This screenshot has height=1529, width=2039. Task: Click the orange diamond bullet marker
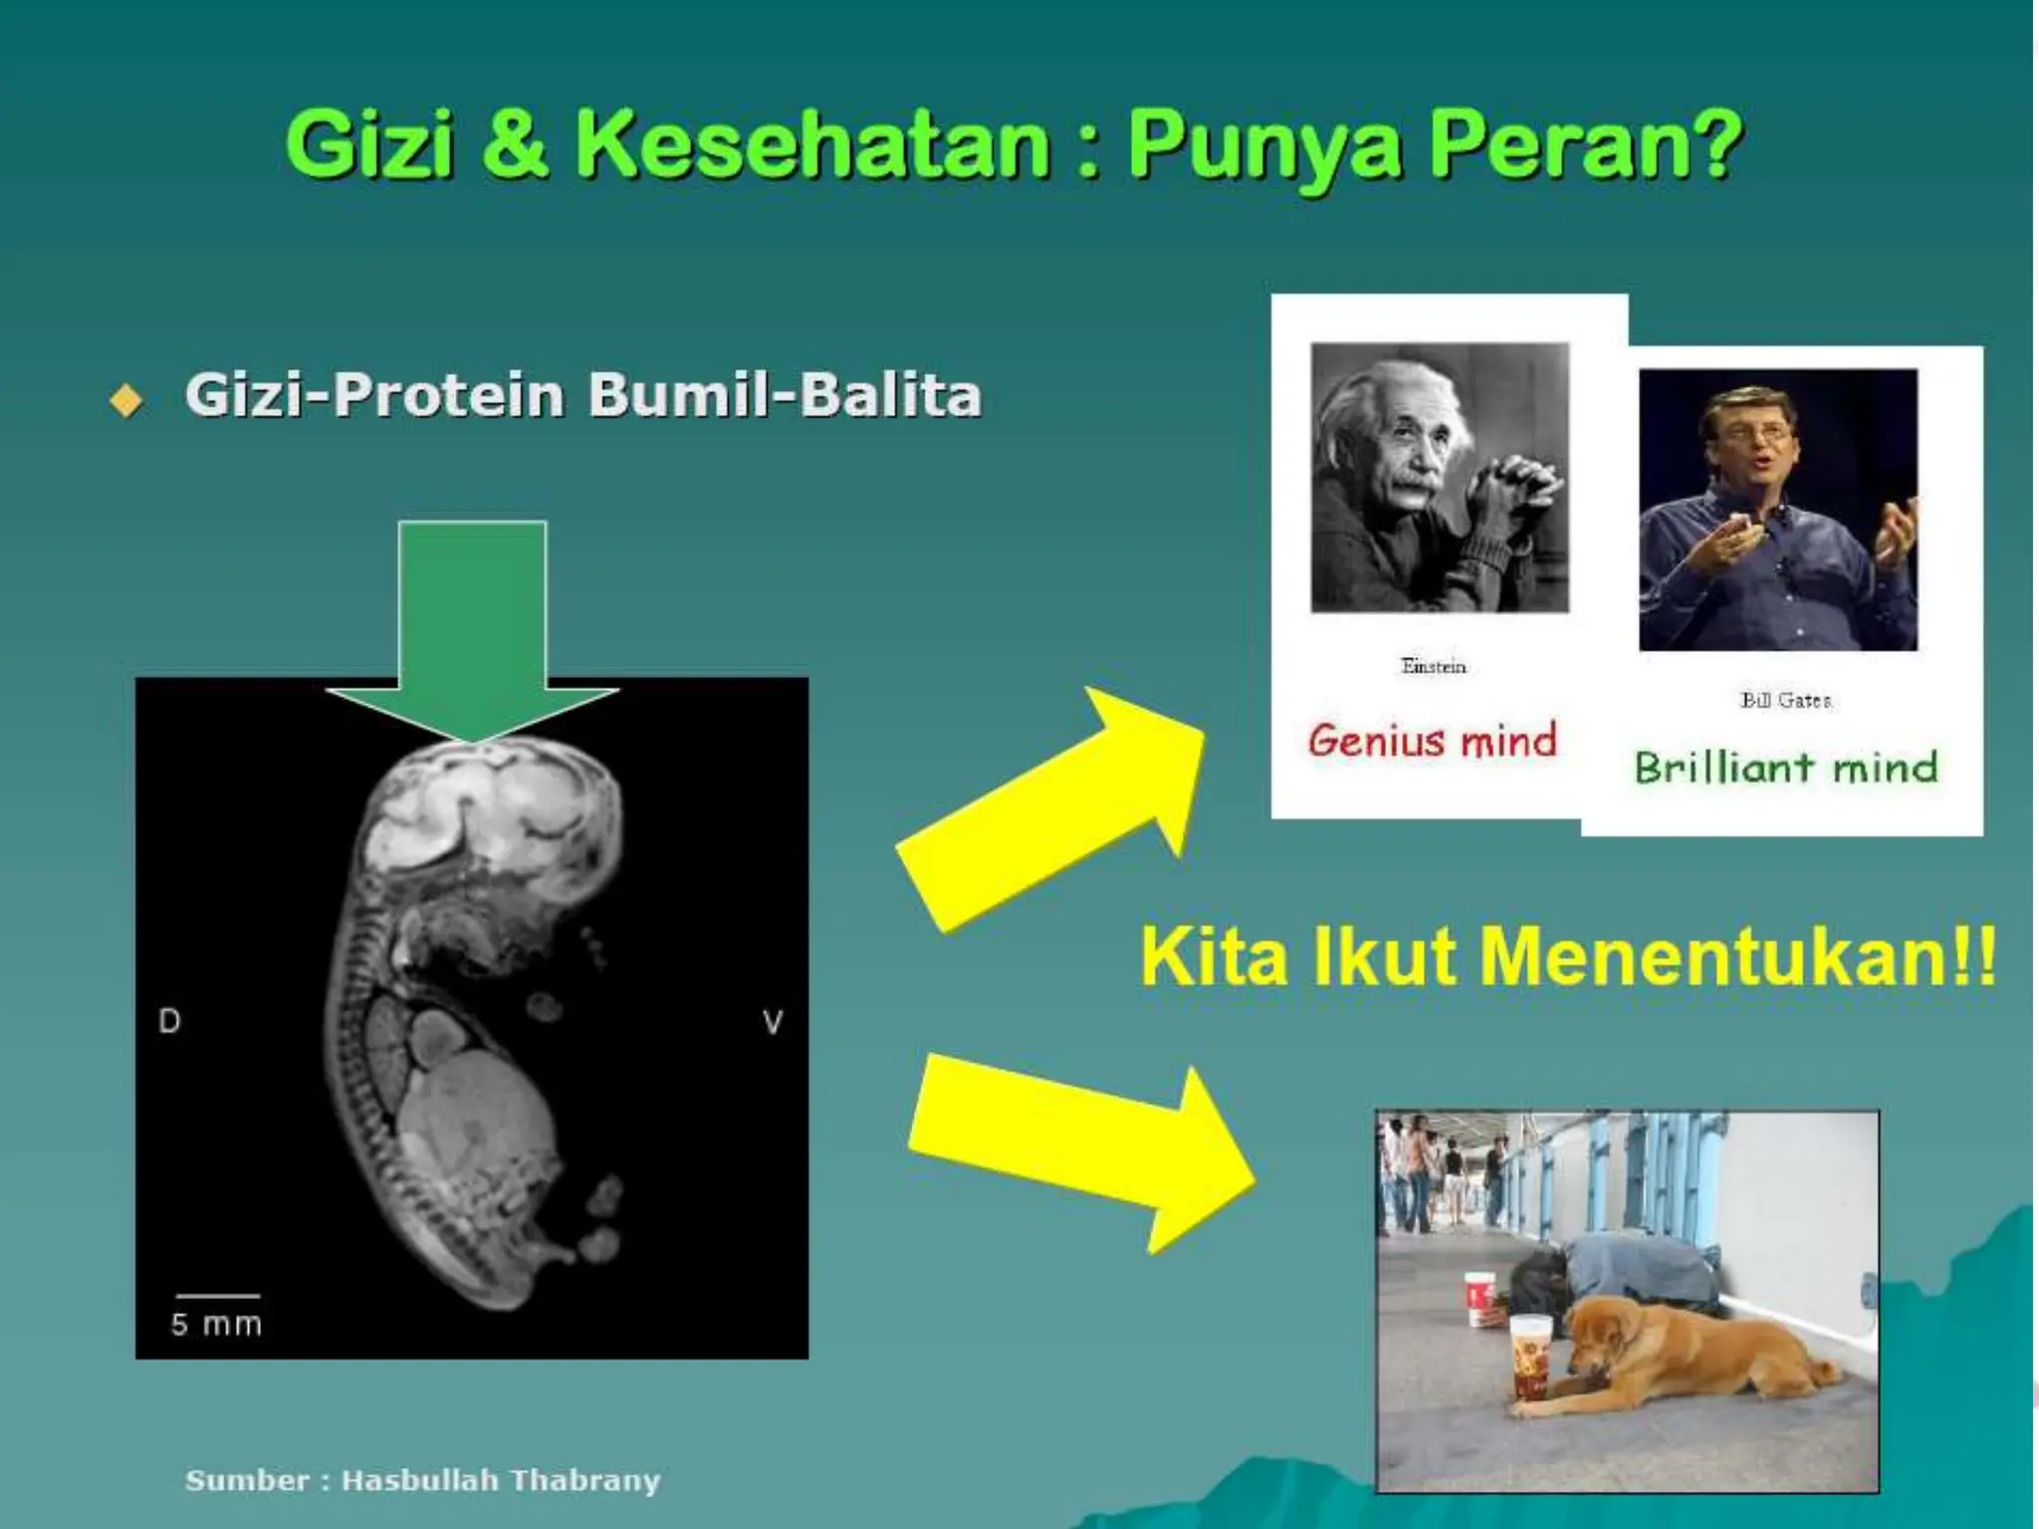(126, 400)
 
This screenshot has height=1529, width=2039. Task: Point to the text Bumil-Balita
(784, 395)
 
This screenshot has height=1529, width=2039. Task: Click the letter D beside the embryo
(169, 1021)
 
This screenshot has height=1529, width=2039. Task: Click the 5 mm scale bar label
(216, 1325)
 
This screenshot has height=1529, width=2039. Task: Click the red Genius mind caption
(1432, 741)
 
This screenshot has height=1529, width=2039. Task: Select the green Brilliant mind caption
(1786, 767)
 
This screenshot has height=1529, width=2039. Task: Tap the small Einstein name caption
(1433, 666)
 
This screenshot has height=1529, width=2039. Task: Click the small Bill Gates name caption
(1785, 700)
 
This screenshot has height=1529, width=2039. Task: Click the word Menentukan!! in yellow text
(1737, 957)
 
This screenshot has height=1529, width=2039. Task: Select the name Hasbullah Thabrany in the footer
(501, 1480)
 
